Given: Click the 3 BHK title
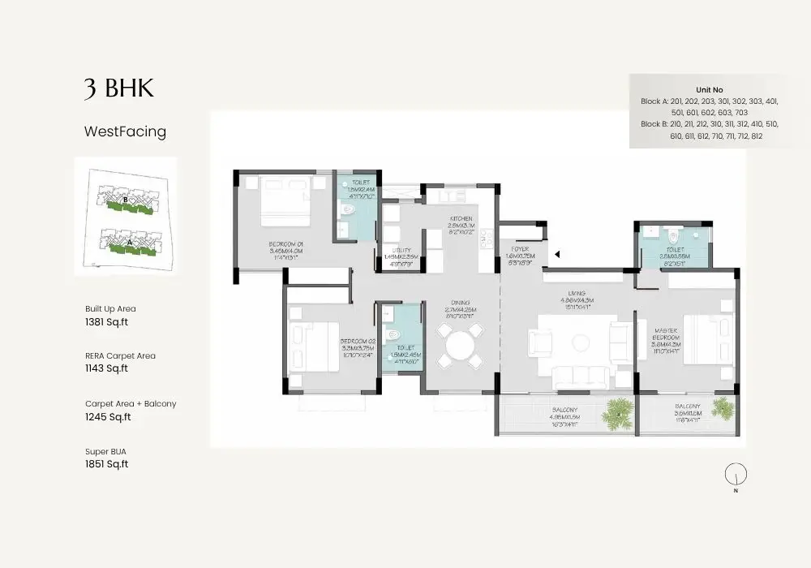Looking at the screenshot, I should point(118,88).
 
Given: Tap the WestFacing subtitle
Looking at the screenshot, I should point(125,131).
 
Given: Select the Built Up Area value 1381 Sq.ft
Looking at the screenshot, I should point(106,321).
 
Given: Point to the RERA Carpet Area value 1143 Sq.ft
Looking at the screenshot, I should point(106,368).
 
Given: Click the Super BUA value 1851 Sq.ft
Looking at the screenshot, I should point(106,464).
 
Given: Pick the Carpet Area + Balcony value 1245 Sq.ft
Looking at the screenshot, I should point(108,417).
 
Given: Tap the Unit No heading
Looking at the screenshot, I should point(709,89).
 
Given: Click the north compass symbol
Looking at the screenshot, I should point(736,474).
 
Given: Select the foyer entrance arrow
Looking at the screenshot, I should point(557,255).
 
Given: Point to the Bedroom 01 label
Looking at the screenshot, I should point(285,247).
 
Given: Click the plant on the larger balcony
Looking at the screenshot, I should point(618,415).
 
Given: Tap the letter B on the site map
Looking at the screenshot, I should point(125,199).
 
